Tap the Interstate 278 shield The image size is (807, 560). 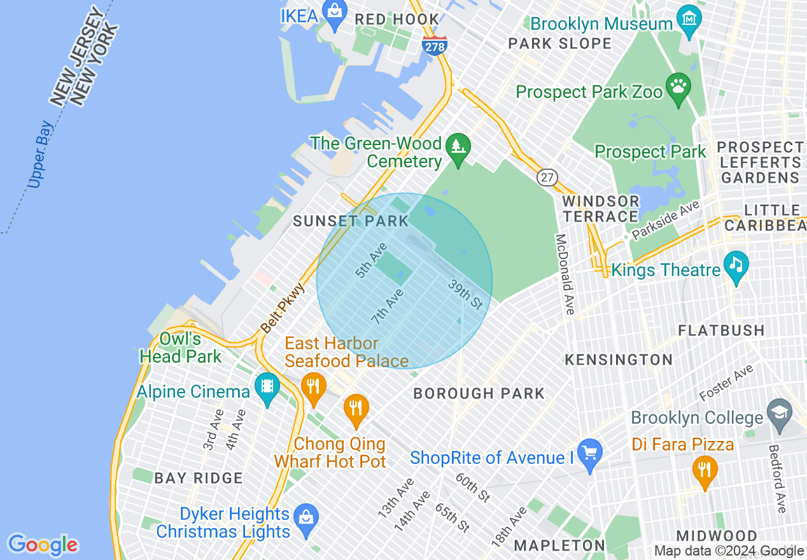[435, 45]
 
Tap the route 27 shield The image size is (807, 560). [547, 178]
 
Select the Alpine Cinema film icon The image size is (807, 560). [267, 386]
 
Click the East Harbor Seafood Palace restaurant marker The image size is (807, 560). [313, 386]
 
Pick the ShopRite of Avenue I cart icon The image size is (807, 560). [590, 453]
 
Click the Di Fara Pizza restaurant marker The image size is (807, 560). [705, 470]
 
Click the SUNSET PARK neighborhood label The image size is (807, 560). [351, 221]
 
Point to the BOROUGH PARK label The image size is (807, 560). [479, 393]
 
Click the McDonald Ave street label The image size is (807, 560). [564, 274]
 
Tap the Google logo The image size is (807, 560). [43, 545]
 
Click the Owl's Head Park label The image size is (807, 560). [181, 347]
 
